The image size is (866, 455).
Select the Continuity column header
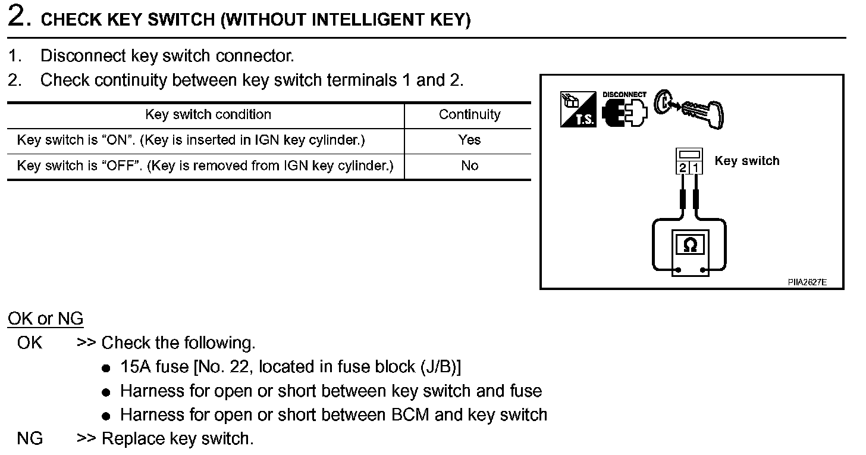(469, 115)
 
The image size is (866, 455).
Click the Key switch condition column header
(208, 115)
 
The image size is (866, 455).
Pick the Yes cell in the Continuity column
(469, 140)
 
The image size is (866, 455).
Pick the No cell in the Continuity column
(469, 166)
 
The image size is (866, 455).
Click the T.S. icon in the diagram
(578, 109)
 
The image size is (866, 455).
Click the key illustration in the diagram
(690, 107)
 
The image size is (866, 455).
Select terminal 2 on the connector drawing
(683, 168)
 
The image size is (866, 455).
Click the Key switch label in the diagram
(746, 161)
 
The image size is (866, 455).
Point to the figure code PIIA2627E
(807, 282)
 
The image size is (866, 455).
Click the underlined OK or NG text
(46, 319)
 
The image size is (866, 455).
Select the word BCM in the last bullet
(411, 415)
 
